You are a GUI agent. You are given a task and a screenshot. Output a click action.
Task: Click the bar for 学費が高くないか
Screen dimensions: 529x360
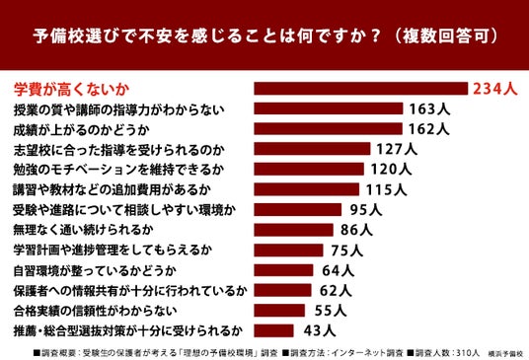[x=361, y=89]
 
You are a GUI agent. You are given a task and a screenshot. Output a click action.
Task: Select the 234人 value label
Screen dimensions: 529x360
[x=494, y=89]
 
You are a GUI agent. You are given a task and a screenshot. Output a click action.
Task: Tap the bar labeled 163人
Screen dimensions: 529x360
[x=329, y=108]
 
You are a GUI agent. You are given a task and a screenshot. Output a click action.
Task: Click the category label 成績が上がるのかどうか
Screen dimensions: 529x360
[x=81, y=130]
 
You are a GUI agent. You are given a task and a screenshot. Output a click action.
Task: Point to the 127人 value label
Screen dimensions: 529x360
[x=397, y=149]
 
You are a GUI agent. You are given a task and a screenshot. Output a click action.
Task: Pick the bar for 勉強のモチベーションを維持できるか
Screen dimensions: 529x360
[x=309, y=169]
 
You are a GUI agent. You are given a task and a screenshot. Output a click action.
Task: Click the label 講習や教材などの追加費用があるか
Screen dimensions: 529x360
[x=112, y=189]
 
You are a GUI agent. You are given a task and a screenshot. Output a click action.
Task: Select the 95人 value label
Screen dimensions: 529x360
[x=366, y=210]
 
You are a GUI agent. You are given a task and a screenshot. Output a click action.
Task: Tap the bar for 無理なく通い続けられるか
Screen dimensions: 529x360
[x=293, y=230]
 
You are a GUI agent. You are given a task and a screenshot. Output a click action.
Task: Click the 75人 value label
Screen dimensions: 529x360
[x=347, y=251]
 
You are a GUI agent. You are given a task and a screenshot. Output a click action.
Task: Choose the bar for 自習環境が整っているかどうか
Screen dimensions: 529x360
[x=283, y=270]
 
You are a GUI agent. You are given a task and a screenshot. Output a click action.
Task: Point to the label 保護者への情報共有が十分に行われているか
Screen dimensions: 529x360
[x=130, y=291]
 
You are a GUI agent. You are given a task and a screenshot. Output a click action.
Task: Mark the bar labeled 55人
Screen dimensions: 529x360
[x=279, y=311]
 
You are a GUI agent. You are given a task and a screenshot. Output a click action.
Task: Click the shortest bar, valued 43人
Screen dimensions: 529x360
[x=274, y=330]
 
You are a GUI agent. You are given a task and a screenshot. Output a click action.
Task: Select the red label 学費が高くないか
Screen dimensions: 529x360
[x=71, y=90]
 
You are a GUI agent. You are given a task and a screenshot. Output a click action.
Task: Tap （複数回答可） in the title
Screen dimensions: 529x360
[x=445, y=36]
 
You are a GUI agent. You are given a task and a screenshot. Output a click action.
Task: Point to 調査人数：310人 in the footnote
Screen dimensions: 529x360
[x=444, y=353]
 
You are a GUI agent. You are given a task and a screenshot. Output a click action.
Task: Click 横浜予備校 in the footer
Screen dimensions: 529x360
[x=505, y=354]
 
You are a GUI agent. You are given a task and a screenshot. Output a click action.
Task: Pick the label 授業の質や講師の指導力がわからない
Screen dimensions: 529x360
[x=118, y=109]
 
